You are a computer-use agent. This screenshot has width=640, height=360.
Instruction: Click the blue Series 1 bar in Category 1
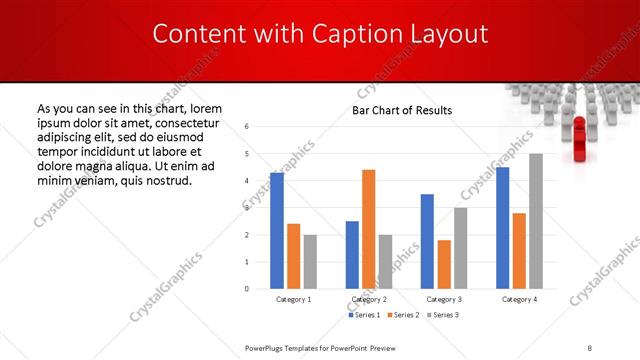[x=277, y=231]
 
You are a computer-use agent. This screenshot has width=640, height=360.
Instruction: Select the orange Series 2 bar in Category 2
[x=368, y=229]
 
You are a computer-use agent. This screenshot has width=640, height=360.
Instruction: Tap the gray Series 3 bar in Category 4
[x=536, y=221]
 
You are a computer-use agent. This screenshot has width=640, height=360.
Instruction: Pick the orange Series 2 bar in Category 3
[x=444, y=264]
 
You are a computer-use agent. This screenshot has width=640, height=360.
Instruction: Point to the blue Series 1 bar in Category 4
[x=502, y=228]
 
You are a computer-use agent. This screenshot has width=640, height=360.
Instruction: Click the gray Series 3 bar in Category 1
[x=311, y=262]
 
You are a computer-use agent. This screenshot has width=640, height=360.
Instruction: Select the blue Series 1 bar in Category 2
[x=352, y=255]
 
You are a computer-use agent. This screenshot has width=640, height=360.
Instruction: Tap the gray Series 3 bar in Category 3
[x=461, y=248]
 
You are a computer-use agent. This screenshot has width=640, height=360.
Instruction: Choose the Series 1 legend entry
[x=363, y=316]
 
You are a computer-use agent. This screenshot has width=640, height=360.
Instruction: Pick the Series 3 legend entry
[x=442, y=316]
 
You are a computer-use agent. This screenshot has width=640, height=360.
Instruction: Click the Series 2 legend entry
[x=402, y=316]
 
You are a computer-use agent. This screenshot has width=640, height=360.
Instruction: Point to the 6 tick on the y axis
[x=247, y=127]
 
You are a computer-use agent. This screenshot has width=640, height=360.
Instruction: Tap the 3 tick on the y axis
[x=247, y=208]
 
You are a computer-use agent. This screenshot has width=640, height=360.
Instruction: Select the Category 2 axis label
[x=368, y=299]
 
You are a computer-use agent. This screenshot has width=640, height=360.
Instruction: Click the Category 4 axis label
[x=519, y=299]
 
